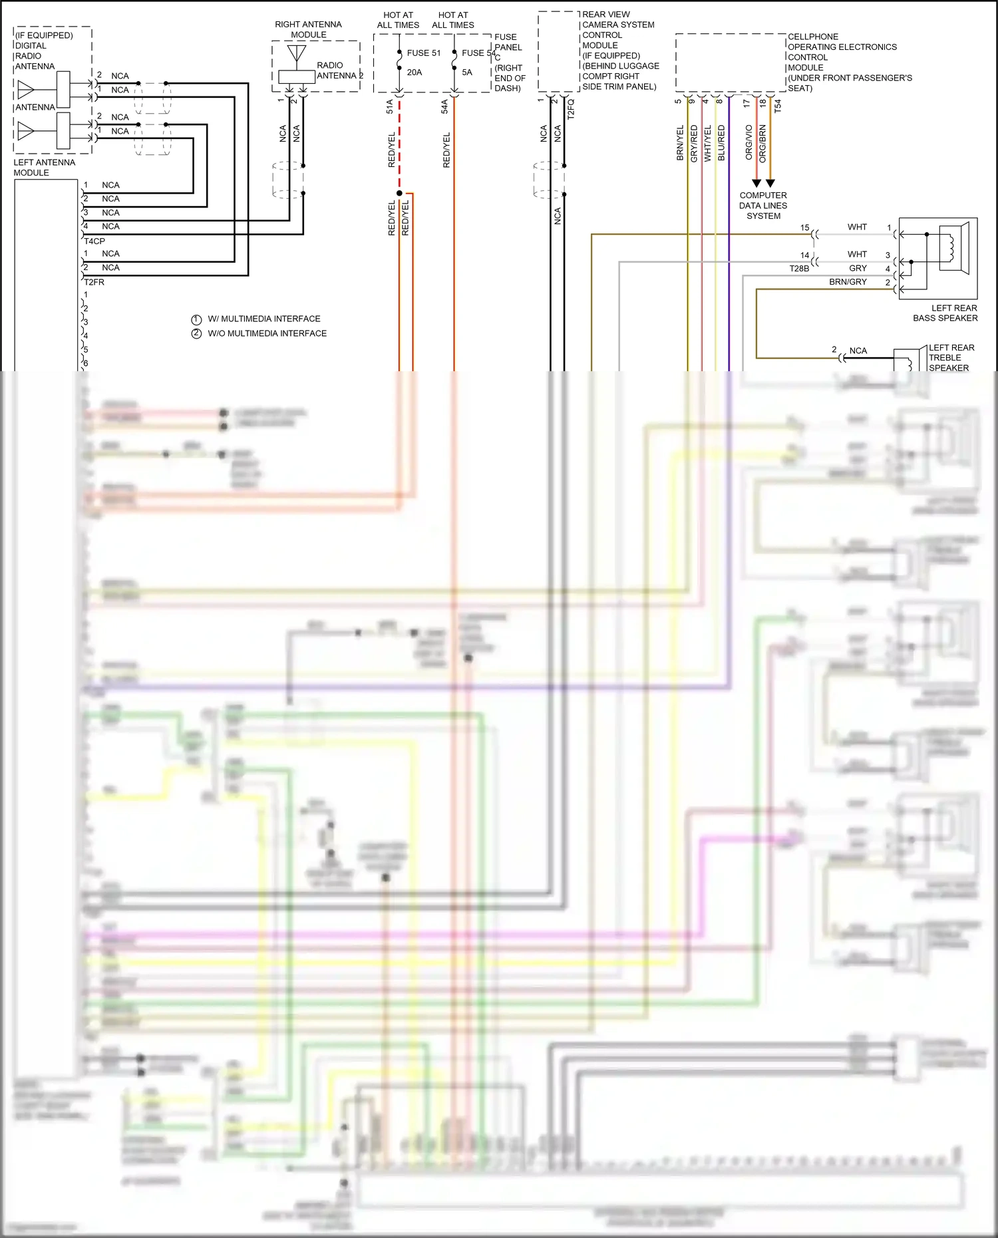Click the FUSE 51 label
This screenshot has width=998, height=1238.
point(423,53)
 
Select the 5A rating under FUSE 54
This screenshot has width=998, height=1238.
point(467,73)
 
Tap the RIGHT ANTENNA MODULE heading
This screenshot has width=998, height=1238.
point(308,29)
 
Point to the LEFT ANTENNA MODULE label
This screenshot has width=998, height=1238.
point(44,168)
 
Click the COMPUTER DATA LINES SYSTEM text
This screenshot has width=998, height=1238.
point(763,206)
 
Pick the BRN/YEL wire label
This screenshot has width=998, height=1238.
point(680,143)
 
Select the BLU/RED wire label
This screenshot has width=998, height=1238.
point(721,143)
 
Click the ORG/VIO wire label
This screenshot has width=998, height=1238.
point(748,142)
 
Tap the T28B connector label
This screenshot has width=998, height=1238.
point(799,269)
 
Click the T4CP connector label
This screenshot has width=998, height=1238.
point(94,241)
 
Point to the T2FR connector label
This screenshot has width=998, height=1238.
point(94,282)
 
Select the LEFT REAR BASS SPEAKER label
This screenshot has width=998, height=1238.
point(945,313)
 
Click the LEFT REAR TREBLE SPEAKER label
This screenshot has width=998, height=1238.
point(951,358)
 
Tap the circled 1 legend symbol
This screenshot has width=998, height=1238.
point(196,319)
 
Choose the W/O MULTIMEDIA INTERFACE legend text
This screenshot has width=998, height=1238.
point(267,333)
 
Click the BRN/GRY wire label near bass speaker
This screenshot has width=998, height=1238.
point(848,282)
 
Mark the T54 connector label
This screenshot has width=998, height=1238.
point(778,105)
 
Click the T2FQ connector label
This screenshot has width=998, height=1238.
point(570,109)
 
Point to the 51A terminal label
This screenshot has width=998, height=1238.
point(390,106)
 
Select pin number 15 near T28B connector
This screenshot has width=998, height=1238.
point(804,228)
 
